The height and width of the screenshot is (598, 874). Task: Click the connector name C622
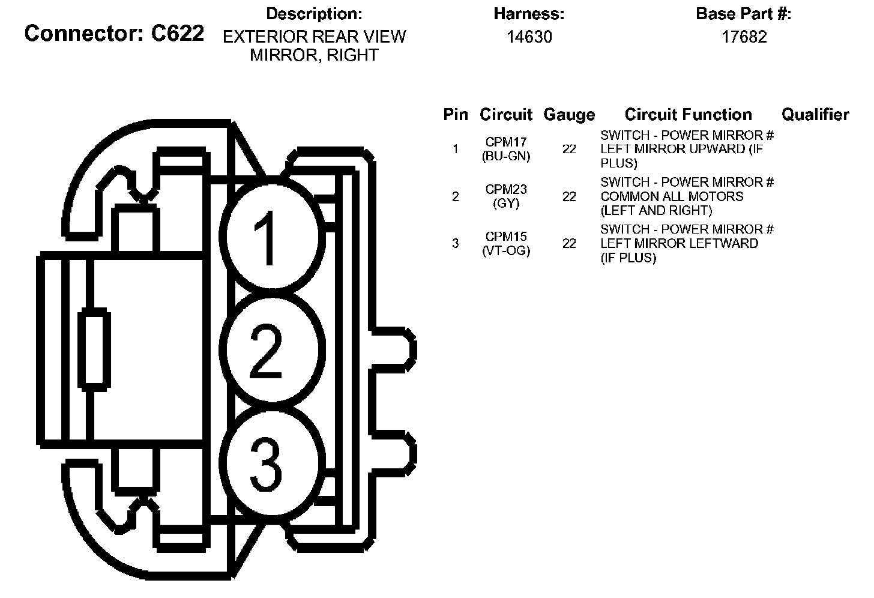pos(178,34)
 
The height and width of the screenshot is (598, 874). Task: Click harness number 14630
pos(529,37)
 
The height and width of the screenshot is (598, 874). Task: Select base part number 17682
pos(744,37)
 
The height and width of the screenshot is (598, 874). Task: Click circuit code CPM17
pos(506,142)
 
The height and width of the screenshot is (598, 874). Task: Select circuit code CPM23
pos(506,190)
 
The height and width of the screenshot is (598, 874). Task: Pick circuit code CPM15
pos(506,237)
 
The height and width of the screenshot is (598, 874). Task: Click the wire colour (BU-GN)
pos(506,156)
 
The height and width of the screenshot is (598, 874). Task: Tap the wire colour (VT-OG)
pos(506,251)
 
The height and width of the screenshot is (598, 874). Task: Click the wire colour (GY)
pos(506,204)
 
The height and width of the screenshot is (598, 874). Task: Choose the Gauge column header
pos(568,115)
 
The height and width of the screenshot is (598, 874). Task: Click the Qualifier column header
pos(815,115)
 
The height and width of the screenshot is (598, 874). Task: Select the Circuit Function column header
pos(688,115)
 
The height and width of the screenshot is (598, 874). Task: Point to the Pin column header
pos(456,115)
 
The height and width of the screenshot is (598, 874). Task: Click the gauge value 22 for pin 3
pos(569,243)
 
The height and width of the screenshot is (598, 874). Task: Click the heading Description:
pos(314,14)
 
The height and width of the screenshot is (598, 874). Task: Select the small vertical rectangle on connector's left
pos(94,351)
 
